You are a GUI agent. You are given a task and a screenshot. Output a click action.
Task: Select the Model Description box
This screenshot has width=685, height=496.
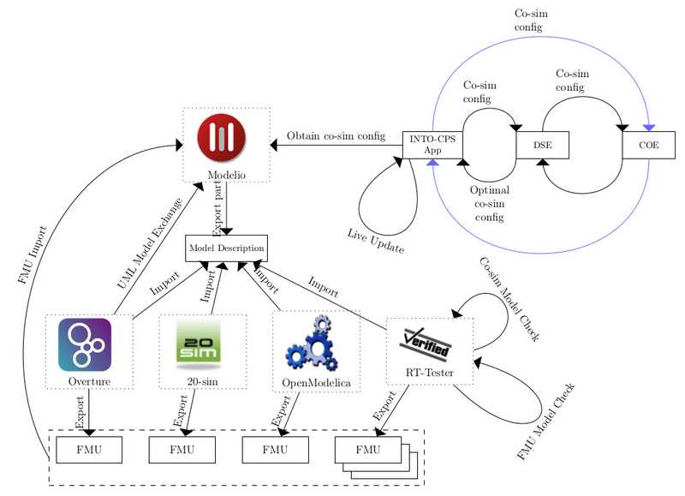(227, 248)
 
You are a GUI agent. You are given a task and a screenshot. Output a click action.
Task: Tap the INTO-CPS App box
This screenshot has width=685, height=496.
(432, 145)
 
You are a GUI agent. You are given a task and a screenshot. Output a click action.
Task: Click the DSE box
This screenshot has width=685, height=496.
(542, 145)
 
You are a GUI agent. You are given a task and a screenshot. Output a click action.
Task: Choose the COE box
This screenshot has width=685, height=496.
(648, 145)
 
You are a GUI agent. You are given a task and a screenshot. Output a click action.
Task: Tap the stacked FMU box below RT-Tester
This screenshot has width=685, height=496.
(367, 450)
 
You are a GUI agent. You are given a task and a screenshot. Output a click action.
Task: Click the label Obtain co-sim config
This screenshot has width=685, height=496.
(336, 136)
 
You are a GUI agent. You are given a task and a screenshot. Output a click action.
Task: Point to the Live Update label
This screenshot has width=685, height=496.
(376, 241)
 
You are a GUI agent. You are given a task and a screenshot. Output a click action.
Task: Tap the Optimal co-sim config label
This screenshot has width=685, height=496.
(489, 204)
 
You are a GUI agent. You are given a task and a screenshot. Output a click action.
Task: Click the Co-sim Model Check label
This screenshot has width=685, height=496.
(509, 299)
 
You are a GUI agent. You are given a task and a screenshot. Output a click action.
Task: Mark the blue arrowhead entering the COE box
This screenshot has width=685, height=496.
(649, 127)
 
